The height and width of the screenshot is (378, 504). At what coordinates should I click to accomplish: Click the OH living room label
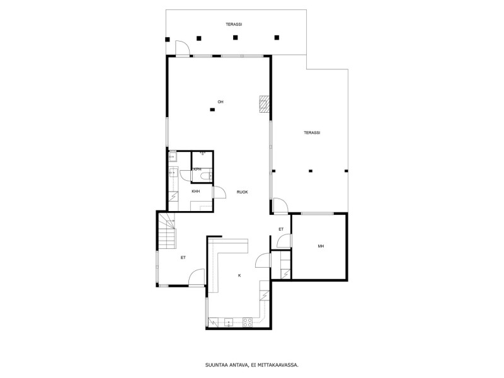coord(220,102)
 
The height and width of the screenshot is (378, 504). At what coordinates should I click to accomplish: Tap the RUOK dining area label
coord(243,192)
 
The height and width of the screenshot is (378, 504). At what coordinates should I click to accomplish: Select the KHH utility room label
coord(196,192)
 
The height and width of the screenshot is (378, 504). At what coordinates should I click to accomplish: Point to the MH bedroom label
coord(321,246)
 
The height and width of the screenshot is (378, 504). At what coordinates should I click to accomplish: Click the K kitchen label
coord(239,275)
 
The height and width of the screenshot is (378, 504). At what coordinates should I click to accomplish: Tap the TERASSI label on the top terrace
coord(234,25)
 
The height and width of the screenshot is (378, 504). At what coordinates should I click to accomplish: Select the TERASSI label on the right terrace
coord(312,133)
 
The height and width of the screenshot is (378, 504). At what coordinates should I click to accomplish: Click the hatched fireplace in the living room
coord(264,104)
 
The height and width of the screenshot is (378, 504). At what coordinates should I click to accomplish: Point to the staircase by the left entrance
coord(167,231)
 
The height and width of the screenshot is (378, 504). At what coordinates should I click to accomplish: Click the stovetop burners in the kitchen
coord(248,323)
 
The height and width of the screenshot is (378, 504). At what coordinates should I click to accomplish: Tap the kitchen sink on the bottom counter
coord(229,322)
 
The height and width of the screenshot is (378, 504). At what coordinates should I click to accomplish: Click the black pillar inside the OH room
coord(212,110)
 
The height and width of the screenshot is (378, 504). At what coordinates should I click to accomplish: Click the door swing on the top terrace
coord(183,49)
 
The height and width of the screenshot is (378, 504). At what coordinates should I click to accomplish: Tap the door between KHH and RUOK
coord(219,192)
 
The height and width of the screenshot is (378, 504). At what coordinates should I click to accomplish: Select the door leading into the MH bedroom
coord(284,241)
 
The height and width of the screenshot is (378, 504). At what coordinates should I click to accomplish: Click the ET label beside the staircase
coord(183,258)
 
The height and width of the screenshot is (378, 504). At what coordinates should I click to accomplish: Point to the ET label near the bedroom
coord(281,229)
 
